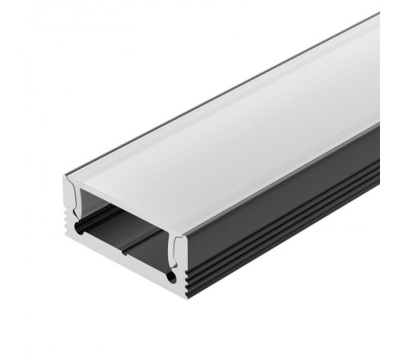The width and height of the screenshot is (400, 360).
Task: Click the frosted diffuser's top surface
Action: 232,120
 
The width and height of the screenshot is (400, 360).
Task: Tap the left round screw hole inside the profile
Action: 79,230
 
